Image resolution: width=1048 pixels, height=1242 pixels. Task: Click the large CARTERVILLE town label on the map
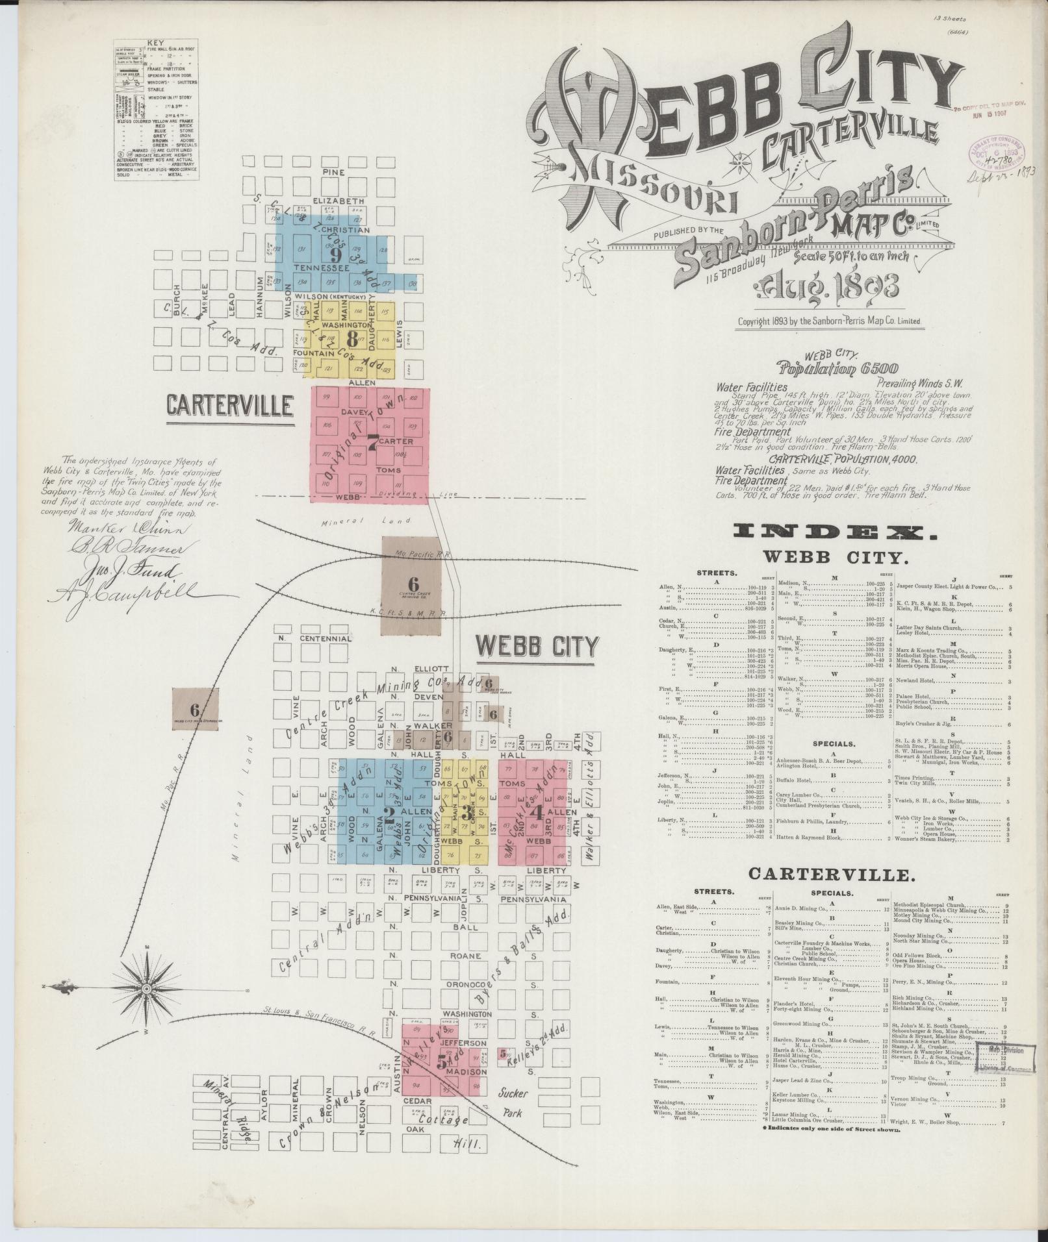pos(229,406)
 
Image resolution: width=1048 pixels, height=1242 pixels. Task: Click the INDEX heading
pos(835,532)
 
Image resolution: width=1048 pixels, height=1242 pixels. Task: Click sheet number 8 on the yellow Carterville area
pos(352,338)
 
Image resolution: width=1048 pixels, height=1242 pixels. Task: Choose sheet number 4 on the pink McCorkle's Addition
pos(536,812)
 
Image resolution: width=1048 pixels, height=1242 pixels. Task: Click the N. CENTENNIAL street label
pos(316,638)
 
